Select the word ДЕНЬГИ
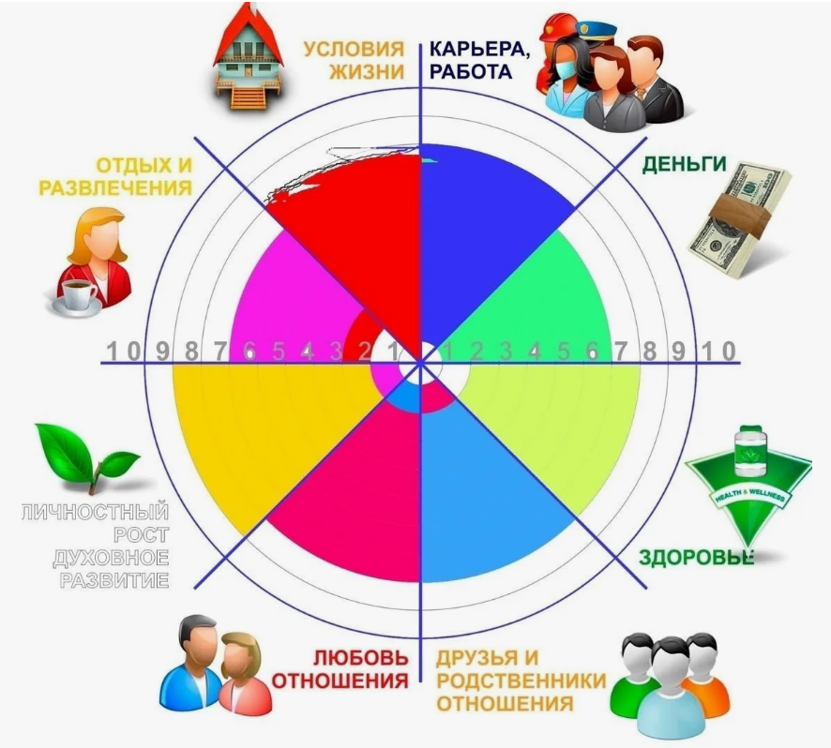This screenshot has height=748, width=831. (x=684, y=164)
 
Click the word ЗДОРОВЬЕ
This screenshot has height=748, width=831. (x=697, y=556)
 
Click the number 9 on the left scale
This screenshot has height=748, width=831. (x=162, y=352)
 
